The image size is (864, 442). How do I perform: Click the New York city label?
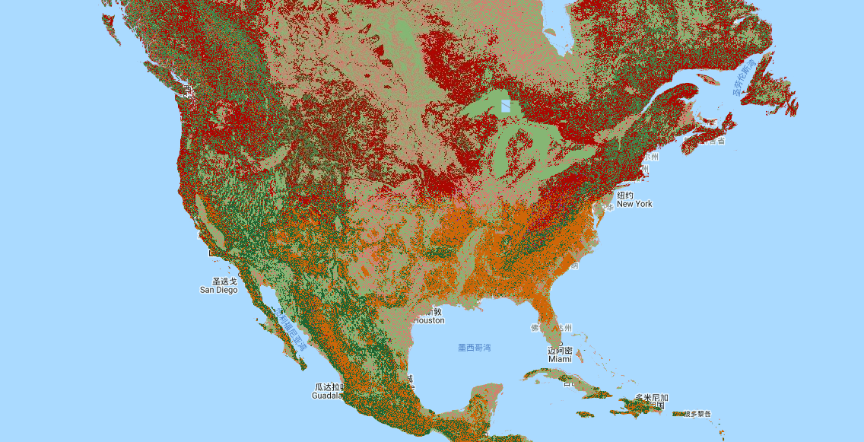634,200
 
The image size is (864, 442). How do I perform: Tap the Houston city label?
429,316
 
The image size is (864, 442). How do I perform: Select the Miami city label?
560,355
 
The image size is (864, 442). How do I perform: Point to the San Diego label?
218,285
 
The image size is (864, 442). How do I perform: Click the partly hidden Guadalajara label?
329,391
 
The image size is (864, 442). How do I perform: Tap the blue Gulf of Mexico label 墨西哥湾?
474,348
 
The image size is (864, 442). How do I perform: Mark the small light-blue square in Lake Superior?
506,106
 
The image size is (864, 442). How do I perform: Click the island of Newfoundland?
768,91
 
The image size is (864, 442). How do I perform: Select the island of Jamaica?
586,415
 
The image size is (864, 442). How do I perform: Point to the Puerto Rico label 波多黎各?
697,414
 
